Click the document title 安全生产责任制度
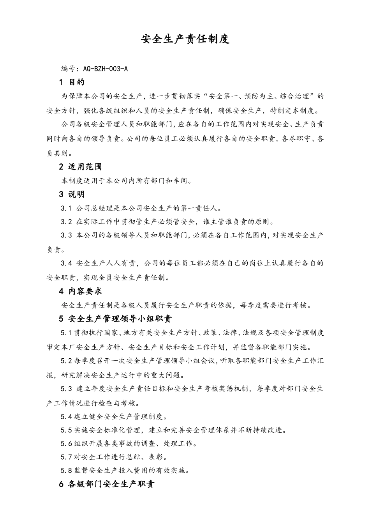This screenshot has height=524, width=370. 185,39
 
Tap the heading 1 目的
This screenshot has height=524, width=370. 72,82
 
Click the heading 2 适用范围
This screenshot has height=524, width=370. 80,167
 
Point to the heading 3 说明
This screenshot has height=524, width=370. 72,194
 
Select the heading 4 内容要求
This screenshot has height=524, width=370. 80,291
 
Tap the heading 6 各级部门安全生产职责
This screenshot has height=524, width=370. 107,485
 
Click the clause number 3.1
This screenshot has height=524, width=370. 66,208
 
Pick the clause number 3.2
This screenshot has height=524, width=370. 66,222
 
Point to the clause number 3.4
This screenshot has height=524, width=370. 66,263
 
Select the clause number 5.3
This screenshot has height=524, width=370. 66,389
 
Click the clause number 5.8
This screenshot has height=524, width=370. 66,470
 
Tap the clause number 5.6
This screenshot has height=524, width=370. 66,443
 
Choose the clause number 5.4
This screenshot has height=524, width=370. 66,417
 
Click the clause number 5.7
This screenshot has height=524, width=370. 66,457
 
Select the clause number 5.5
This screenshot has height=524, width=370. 66,430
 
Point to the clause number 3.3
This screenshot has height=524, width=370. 66,235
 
